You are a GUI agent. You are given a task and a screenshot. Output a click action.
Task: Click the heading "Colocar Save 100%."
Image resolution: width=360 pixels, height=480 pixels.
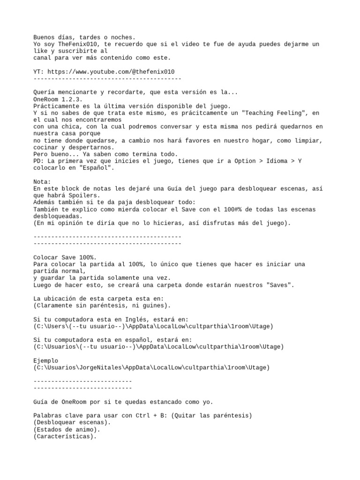pyautogui.click(x=65, y=257)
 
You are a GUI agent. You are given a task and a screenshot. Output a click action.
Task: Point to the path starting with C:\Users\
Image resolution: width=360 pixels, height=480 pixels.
pyautogui.click(x=153, y=326)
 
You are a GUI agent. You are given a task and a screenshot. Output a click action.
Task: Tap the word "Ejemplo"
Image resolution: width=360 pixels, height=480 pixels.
pyautogui.click(x=46, y=360)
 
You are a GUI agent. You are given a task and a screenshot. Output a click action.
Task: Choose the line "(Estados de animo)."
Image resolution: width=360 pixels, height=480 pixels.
pyautogui.click(x=66, y=429)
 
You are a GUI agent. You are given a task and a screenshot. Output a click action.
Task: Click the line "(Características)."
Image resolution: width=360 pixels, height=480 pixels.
pyautogui.click(x=65, y=436)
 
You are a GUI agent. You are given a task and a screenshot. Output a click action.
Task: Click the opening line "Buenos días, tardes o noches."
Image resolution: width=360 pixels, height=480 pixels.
pyautogui.click(x=84, y=37)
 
